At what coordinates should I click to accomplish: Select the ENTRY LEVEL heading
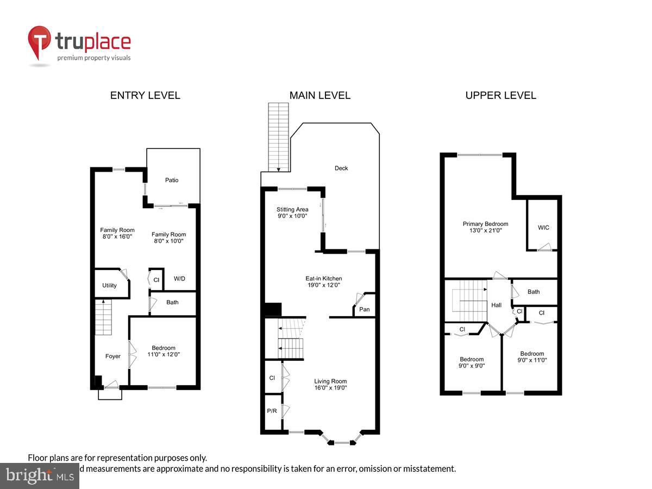[x=145, y=96]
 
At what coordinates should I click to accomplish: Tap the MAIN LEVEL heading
[x=319, y=96]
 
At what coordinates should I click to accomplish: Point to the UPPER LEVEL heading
[x=500, y=96]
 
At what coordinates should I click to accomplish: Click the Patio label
[x=172, y=180]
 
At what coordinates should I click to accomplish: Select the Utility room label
[x=109, y=285]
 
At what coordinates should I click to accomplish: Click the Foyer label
[x=112, y=356]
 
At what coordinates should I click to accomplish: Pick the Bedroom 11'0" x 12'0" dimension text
[x=164, y=354]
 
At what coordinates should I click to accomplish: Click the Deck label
[x=341, y=168]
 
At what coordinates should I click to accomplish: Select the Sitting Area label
[x=292, y=209]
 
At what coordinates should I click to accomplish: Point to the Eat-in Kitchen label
[x=323, y=278]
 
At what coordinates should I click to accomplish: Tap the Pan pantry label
[x=365, y=309]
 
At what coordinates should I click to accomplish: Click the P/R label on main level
[x=272, y=411]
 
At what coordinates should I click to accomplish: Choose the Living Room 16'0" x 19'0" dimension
[x=330, y=388]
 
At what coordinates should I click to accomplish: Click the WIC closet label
[x=543, y=228]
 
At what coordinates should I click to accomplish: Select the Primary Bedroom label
[x=485, y=224]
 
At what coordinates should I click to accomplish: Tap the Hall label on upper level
[x=496, y=305]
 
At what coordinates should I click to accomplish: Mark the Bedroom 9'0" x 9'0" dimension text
[x=472, y=366]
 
